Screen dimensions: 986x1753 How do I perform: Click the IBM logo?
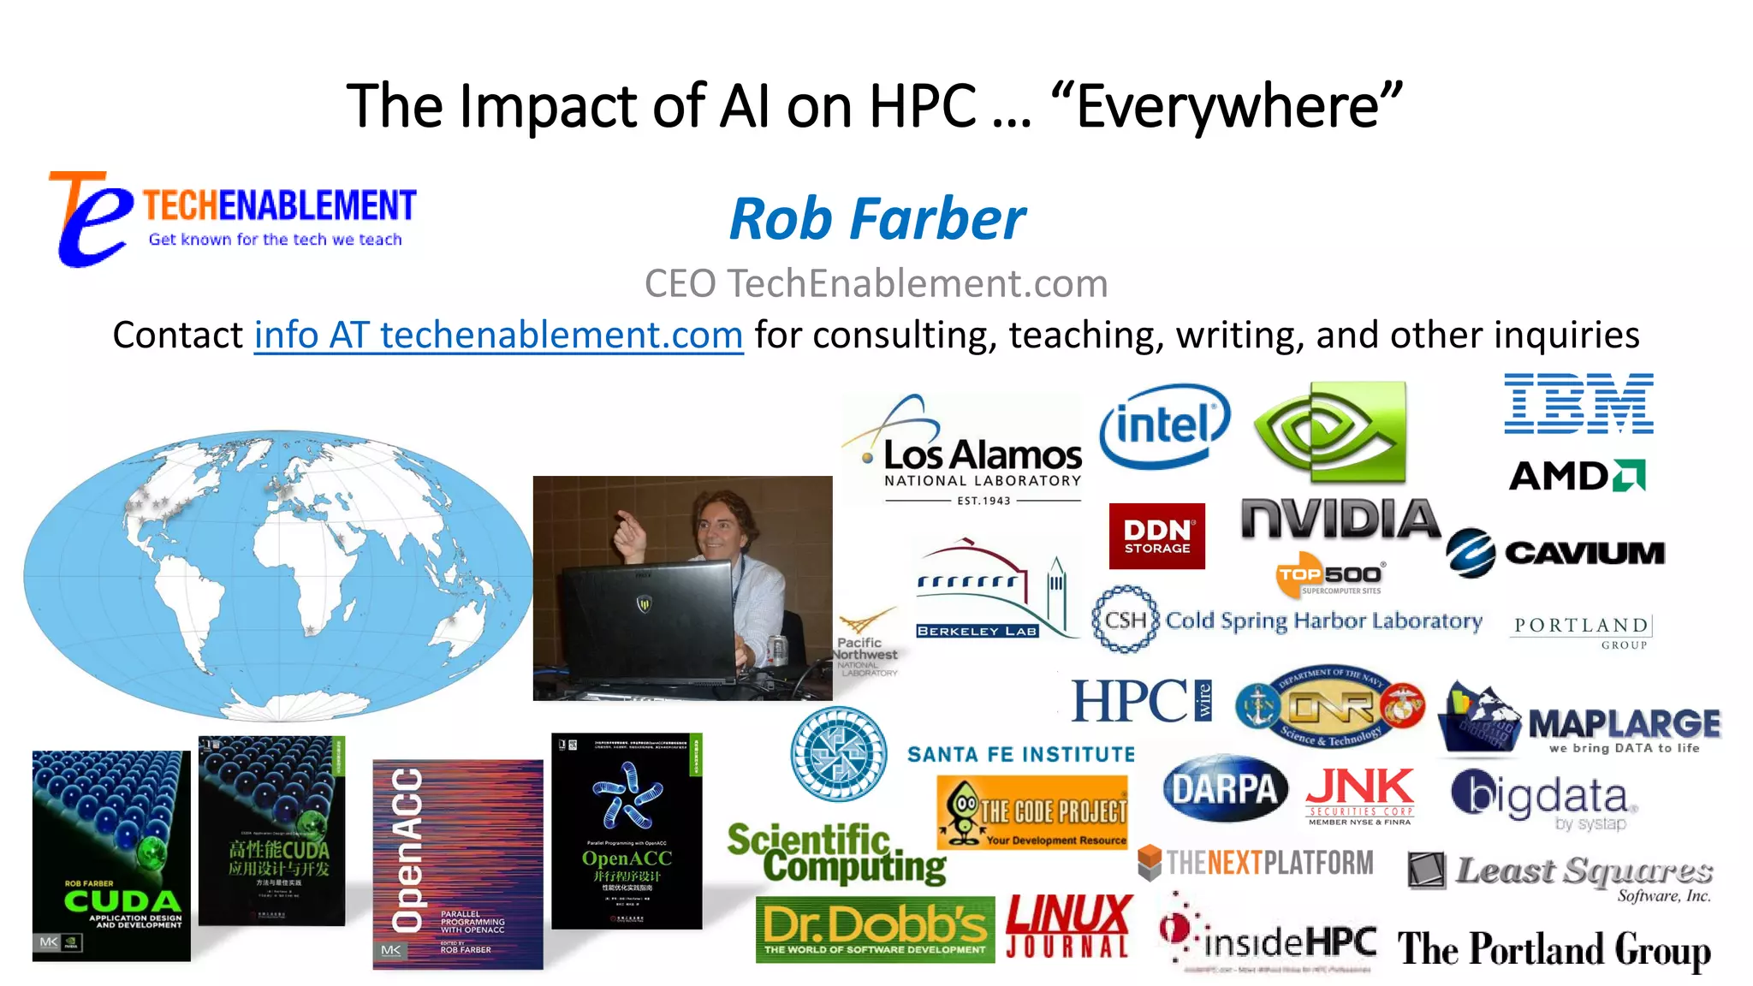(1578, 404)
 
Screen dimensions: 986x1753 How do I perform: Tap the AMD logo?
(1577, 476)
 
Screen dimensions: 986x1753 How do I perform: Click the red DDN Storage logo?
(1156, 537)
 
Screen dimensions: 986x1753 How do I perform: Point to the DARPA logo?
(1225, 789)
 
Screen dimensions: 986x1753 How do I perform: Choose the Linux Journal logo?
(1068, 926)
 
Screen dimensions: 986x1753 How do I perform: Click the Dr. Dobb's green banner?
(875, 930)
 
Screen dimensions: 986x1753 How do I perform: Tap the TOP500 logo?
(1329, 575)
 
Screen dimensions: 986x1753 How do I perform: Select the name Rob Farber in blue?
(876, 219)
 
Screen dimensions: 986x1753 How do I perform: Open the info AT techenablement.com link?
(498, 335)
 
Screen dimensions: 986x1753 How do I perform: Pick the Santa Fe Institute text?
(1020, 754)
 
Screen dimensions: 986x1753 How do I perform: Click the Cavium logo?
(1555, 553)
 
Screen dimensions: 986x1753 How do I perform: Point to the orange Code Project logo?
(1032, 812)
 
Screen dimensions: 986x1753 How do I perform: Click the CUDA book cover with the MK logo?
(111, 856)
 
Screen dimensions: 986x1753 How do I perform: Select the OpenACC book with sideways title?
(458, 864)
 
